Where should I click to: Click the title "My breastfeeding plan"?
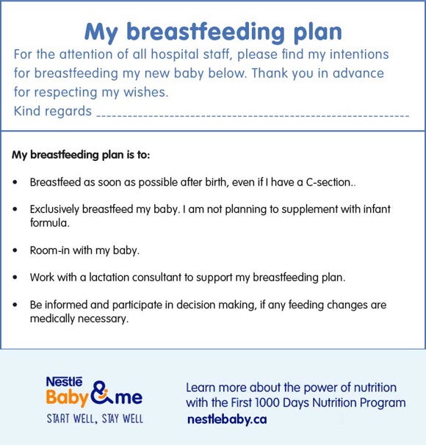tap(213, 32)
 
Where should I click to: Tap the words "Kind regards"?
tap(53, 112)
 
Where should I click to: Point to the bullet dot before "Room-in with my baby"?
tap(16, 250)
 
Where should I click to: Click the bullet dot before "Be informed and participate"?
tap(16, 305)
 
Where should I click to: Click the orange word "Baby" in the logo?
tap(68, 398)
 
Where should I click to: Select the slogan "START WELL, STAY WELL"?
tap(95, 419)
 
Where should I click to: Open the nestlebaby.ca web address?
tap(226, 419)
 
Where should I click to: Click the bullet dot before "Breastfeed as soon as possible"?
tap(16, 181)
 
